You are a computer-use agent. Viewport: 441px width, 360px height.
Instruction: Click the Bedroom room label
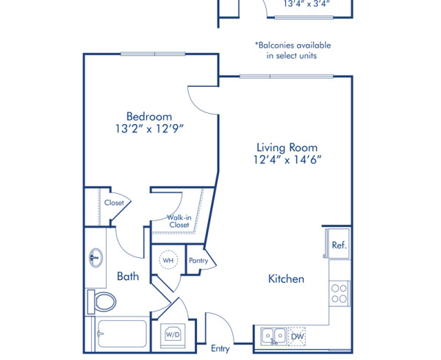click(149, 116)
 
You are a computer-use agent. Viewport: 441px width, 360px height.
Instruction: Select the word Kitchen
click(286, 279)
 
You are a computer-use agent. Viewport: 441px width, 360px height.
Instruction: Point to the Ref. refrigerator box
click(338, 245)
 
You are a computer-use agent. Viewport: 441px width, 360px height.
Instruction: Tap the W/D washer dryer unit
click(173, 335)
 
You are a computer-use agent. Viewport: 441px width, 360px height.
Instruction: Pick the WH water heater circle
click(168, 260)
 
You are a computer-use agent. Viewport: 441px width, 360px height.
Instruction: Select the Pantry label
click(198, 261)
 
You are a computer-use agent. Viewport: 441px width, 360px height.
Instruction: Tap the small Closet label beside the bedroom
click(114, 203)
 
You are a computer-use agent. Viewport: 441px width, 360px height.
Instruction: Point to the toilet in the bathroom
click(101, 300)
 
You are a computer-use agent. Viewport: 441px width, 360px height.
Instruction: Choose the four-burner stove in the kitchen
click(339, 293)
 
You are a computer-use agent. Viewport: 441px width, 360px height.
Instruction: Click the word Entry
click(220, 348)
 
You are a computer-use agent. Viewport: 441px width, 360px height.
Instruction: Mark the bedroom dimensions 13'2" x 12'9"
click(149, 129)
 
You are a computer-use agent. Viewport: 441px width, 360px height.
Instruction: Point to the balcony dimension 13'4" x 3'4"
click(306, 3)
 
